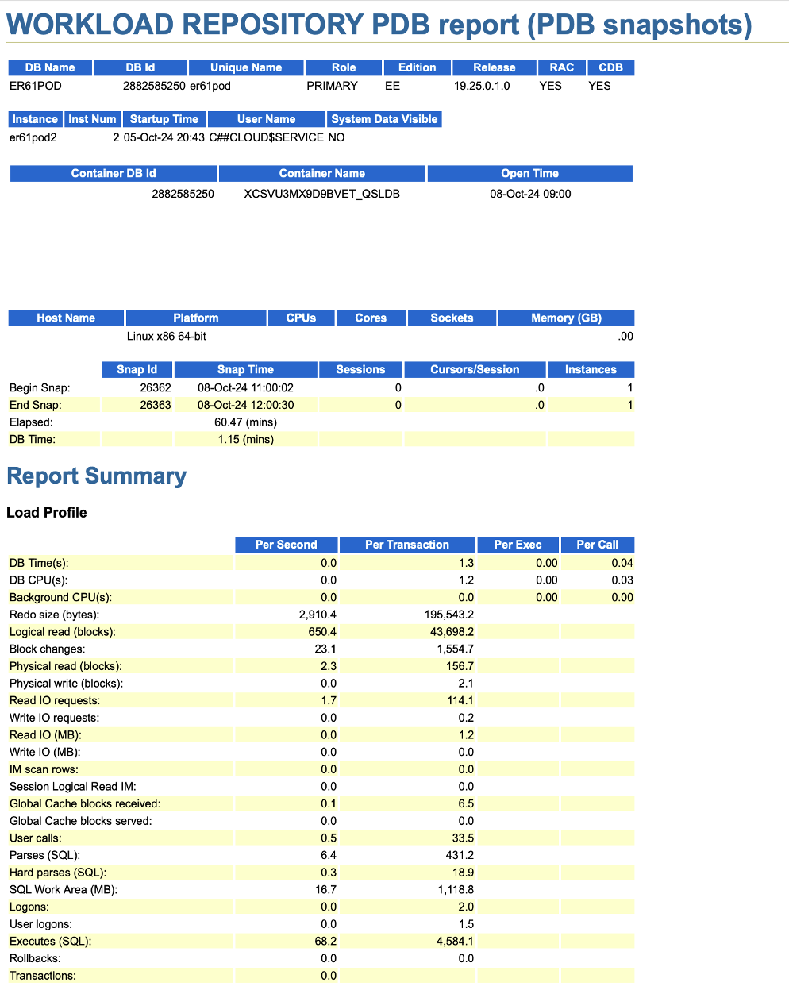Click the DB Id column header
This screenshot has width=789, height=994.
point(140,67)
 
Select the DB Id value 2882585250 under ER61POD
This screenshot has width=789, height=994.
point(154,86)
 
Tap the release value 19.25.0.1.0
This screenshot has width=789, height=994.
point(482,86)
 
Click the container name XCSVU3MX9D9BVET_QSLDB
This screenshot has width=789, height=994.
point(321,194)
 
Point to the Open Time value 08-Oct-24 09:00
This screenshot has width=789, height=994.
point(530,194)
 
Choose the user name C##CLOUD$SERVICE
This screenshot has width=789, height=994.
point(266,137)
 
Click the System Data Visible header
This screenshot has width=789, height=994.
point(384,119)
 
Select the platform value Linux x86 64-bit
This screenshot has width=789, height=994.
point(167,336)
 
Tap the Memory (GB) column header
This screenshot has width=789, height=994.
point(566,318)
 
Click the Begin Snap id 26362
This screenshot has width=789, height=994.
point(156,388)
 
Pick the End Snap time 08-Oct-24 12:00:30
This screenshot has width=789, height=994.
point(245,405)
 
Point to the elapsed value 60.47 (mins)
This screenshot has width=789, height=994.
point(245,422)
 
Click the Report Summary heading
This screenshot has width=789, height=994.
point(97,476)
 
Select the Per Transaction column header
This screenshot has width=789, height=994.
point(407,545)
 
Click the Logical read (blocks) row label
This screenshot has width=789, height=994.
point(63,632)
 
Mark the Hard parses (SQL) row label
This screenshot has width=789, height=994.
point(58,873)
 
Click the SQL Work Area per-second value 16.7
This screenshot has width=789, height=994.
point(325,890)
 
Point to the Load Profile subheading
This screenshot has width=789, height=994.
point(47,513)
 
